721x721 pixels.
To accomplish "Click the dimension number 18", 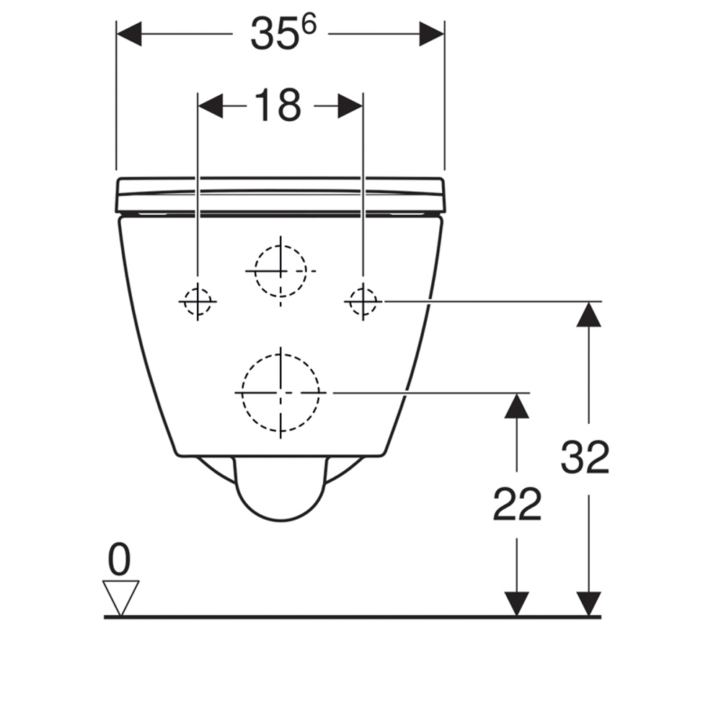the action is pos(278,106).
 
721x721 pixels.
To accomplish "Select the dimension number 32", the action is pos(585,457).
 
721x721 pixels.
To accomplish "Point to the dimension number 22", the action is pos(517,504).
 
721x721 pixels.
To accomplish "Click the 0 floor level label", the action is pos(119,559).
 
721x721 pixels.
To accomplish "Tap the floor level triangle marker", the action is pos(120,598).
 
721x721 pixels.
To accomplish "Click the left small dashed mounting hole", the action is pos(198,301).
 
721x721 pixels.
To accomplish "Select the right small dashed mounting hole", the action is pos(363,301).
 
